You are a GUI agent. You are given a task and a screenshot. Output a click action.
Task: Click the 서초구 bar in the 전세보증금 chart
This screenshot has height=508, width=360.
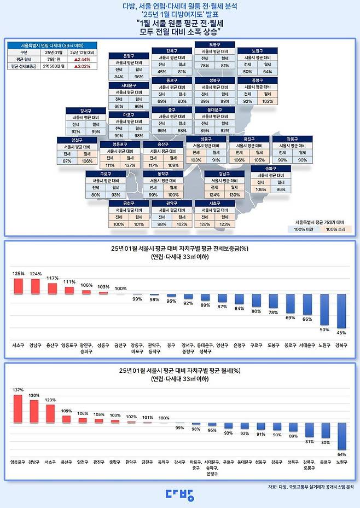18,286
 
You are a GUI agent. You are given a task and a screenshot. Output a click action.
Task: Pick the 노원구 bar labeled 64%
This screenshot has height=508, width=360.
342,436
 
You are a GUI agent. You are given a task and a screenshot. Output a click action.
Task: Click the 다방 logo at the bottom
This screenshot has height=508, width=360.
179,494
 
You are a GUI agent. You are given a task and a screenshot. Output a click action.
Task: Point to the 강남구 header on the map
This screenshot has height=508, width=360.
224,174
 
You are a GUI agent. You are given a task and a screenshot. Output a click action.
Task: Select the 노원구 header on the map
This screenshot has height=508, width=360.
257,51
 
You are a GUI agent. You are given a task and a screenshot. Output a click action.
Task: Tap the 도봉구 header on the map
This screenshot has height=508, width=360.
214,44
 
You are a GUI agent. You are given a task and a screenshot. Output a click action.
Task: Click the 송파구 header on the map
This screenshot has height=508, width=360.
270,169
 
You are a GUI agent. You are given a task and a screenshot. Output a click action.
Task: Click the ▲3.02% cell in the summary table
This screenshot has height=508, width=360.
83,66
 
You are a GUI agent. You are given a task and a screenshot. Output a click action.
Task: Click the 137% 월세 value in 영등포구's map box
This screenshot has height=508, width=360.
130,165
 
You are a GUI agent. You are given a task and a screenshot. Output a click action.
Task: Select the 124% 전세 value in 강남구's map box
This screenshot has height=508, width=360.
214,195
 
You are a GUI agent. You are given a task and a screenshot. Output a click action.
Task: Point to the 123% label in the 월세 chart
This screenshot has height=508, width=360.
50,400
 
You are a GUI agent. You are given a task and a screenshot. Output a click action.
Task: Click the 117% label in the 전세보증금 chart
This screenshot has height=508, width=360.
53,278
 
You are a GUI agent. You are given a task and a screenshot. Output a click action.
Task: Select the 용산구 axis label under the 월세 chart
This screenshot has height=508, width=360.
66,461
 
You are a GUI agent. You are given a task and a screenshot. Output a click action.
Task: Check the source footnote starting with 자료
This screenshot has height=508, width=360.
311,486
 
